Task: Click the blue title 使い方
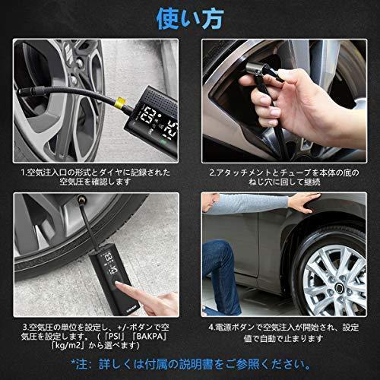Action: pyautogui.click(x=190, y=19)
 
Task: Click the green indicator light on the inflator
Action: pyautogui.click(x=163, y=142)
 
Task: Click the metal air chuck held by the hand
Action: pyautogui.click(x=255, y=69)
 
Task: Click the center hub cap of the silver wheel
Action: pyautogui.click(x=339, y=288)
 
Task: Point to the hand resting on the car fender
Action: pyautogui.click(x=304, y=202)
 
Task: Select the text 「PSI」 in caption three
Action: pyautogui.click(x=116, y=337)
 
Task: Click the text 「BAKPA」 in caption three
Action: pyautogui.click(x=149, y=337)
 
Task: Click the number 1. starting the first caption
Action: pyautogui.click(x=24, y=173)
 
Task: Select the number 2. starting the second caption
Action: pyautogui.click(x=213, y=173)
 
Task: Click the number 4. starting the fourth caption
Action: pyautogui.click(x=212, y=327)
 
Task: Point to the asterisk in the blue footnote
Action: pyautogui.click(x=73, y=363)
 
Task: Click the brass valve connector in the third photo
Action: pyautogui.click(x=81, y=201)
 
